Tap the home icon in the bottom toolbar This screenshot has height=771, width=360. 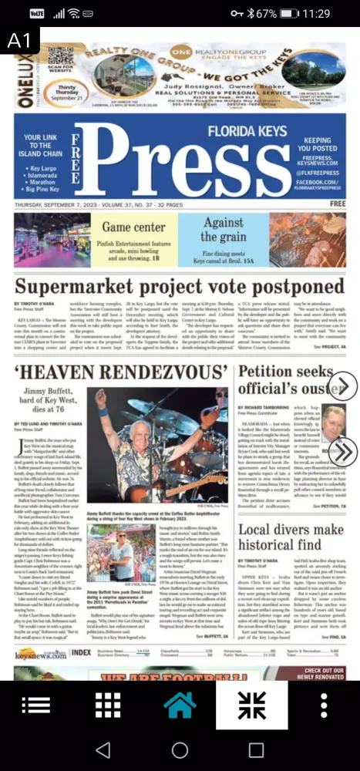point(180,705)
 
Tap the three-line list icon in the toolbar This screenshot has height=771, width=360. point(35,705)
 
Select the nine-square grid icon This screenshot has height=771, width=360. point(107,705)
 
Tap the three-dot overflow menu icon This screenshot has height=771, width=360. point(324,705)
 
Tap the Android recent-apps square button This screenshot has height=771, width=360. point(256,749)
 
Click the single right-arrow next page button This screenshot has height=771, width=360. point(342,385)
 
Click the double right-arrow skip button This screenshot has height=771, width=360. point(342,451)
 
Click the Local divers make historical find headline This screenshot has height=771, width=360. point(290,537)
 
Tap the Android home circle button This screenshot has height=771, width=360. point(180,749)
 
